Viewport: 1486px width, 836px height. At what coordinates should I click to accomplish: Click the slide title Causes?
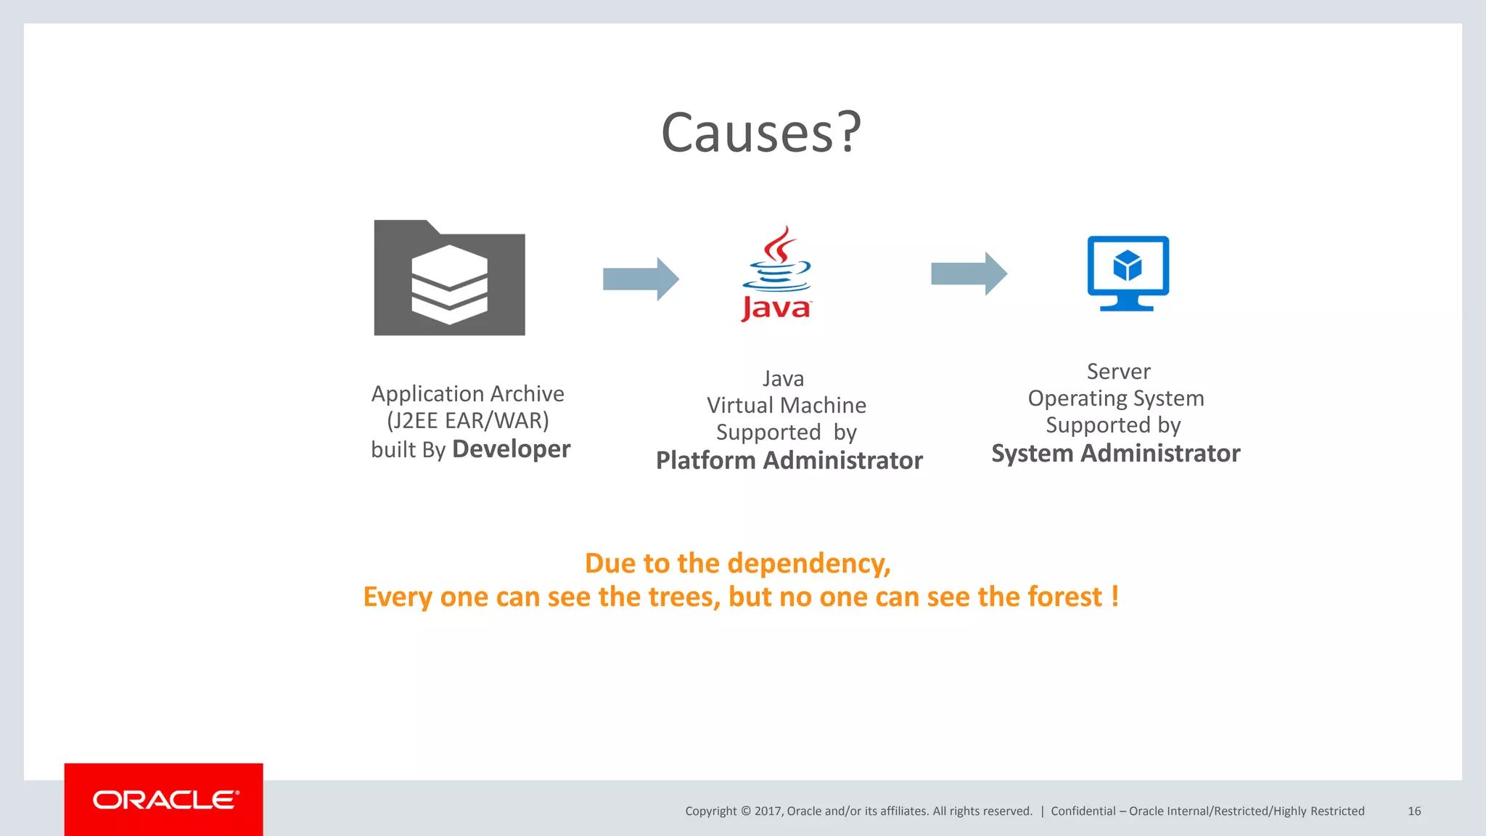click(x=760, y=133)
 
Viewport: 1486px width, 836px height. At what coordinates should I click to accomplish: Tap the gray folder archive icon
click(x=449, y=279)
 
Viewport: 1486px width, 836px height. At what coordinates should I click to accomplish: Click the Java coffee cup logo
click(x=776, y=274)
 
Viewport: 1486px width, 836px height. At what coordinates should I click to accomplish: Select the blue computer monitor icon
click(x=1128, y=272)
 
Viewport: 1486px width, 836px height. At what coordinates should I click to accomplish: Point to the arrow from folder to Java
click(x=640, y=279)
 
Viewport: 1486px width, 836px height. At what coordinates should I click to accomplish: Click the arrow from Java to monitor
click(x=968, y=274)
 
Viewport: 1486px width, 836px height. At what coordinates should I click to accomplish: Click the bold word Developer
click(x=511, y=449)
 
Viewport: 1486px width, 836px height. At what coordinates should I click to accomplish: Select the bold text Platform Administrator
click(x=789, y=460)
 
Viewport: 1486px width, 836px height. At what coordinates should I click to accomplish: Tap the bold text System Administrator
click(x=1115, y=453)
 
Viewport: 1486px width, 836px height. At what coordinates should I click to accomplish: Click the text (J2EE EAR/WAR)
click(x=468, y=420)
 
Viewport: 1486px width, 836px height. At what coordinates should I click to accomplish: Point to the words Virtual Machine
click(x=787, y=405)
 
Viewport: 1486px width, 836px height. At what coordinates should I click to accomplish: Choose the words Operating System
click(x=1115, y=398)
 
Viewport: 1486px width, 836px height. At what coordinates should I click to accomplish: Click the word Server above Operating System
click(x=1118, y=372)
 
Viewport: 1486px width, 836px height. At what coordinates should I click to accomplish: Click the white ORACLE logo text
click(x=165, y=800)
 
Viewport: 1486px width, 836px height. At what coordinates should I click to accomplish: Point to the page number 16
click(x=1414, y=811)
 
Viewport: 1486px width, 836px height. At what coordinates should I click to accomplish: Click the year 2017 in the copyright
click(x=768, y=811)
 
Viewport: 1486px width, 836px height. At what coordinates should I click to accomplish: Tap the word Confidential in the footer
click(x=1083, y=811)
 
